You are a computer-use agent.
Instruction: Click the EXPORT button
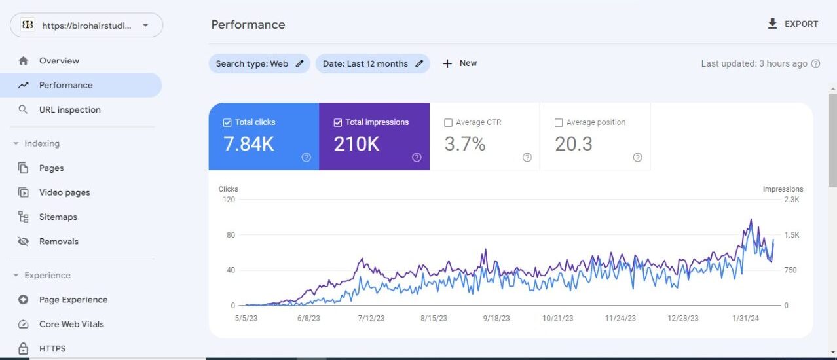point(793,24)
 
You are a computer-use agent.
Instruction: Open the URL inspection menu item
point(69,110)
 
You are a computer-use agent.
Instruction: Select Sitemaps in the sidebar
point(58,217)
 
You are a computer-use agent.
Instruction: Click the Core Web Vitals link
point(71,325)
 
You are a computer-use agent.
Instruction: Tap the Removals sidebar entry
point(58,242)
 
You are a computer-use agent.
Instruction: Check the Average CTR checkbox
point(449,122)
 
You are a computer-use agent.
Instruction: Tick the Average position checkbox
point(559,122)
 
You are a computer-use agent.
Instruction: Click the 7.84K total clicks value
point(249,145)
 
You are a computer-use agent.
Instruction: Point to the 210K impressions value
point(356,145)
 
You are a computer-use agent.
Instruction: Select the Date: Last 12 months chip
point(372,63)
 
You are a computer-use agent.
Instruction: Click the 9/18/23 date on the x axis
point(496,319)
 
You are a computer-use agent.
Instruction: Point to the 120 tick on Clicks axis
point(229,200)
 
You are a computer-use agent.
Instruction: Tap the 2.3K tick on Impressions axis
point(791,200)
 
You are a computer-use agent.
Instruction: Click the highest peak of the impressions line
point(751,220)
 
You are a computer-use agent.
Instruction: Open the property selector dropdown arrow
point(145,26)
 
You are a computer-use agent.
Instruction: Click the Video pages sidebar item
point(64,193)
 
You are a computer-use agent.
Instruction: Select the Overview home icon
point(24,61)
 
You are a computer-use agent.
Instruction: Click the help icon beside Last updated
point(816,64)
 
